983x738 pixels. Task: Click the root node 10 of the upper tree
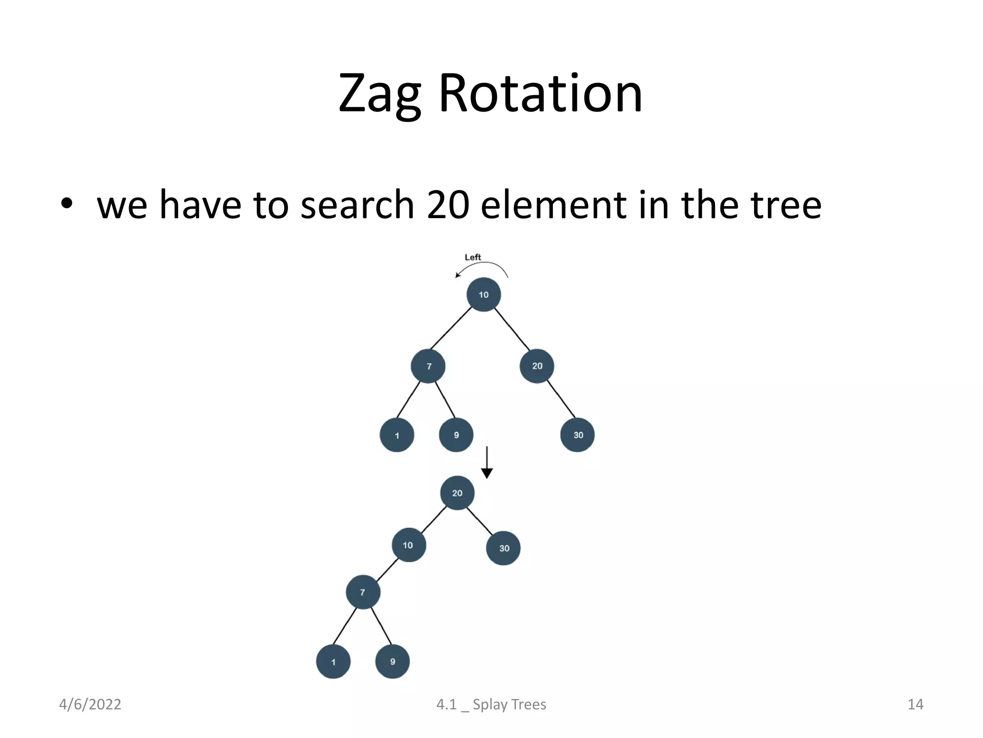click(x=483, y=295)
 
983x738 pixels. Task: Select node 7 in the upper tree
click(x=428, y=366)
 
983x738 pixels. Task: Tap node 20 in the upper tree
click(x=537, y=366)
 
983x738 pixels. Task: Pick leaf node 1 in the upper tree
click(x=397, y=435)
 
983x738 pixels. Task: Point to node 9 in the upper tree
click(x=456, y=435)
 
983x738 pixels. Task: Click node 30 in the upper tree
click(x=577, y=435)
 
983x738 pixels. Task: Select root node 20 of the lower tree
click(x=457, y=493)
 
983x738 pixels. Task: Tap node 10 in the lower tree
click(x=408, y=545)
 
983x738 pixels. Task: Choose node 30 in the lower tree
click(x=503, y=548)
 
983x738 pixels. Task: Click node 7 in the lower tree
click(x=363, y=592)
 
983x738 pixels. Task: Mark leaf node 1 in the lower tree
click(x=333, y=662)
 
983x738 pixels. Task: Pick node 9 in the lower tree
click(x=392, y=662)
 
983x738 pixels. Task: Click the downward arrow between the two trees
click(x=487, y=464)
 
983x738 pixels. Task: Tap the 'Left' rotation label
click(x=473, y=258)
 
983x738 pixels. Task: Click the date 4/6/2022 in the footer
click(x=90, y=704)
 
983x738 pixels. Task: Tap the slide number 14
click(x=915, y=704)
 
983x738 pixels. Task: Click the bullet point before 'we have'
click(x=67, y=204)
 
